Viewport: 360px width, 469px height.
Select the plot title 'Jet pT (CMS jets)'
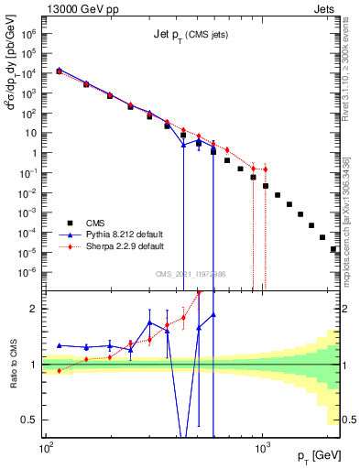190,36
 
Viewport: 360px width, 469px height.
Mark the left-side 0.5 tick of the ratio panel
31,420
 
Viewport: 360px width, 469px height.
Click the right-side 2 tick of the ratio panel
346,309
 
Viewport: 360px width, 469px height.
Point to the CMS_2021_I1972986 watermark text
191,274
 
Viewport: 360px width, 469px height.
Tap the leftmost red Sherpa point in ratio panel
60,370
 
